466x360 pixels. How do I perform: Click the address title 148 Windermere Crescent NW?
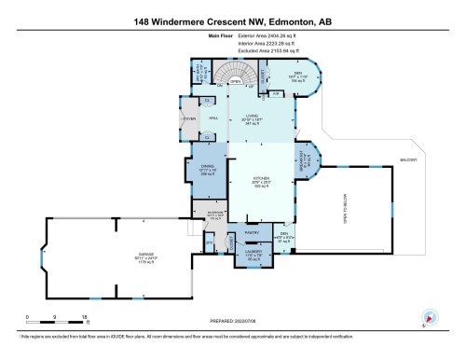(x=232, y=21)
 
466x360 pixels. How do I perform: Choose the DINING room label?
(x=207, y=168)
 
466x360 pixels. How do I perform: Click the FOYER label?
(x=188, y=119)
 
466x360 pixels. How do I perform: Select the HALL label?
(x=212, y=119)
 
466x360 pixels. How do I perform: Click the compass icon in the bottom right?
(x=427, y=317)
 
